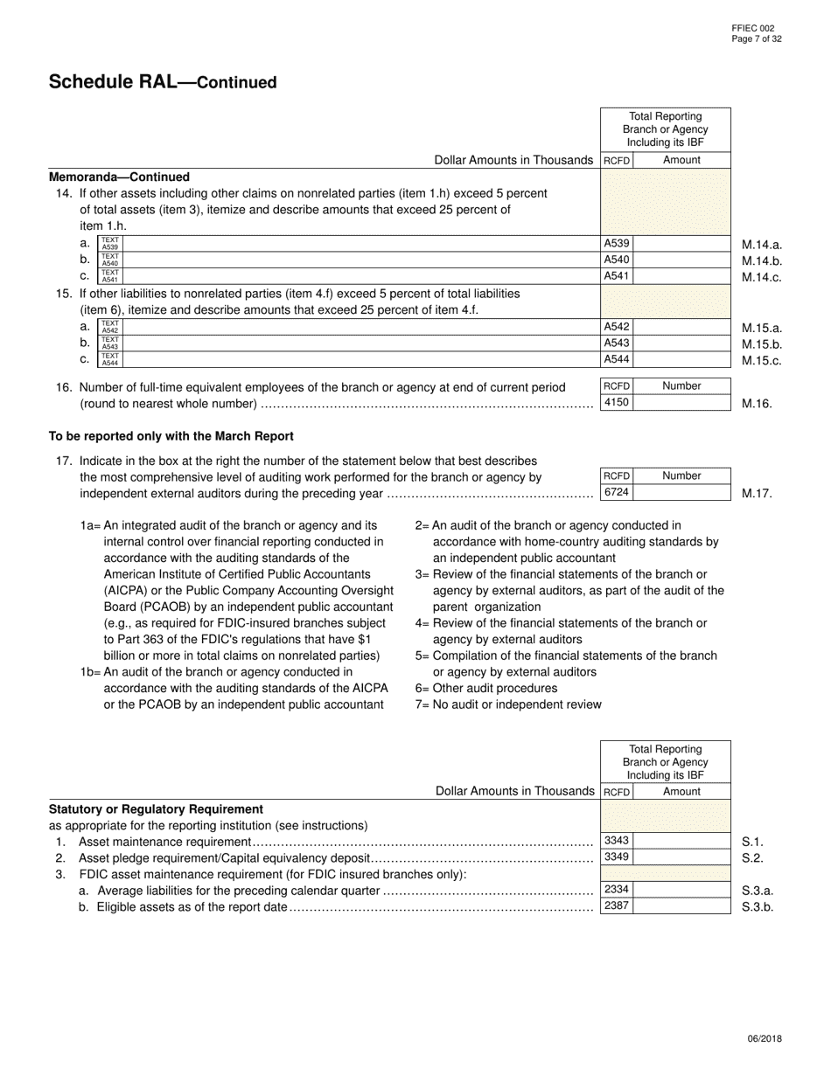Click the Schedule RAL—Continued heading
click(163, 82)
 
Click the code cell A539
click(617, 244)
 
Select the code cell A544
click(617, 359)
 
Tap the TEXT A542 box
click(110, 327)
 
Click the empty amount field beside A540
click(681, 260)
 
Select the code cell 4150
click(617, 403)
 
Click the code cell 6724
click(617, 492)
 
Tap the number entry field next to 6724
click(681, 492)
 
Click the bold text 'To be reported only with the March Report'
click(171, 436)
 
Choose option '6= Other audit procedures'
click(485, 688)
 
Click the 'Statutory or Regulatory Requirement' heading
click(156, 809)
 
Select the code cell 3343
click(617, 841)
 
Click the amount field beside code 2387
click(681, 906)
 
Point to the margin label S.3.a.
click(758, 891)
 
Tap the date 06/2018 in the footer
click(765, 1039)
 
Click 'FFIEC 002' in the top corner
click(753, 29)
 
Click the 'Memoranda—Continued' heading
click(119, 177)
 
